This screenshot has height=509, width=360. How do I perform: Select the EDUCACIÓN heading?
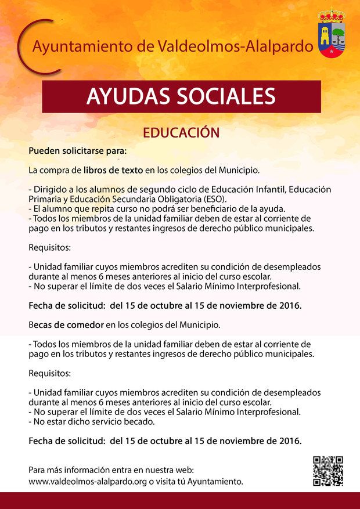[x=181, y=132]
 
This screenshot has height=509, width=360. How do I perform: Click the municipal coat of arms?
[x=332, y=36]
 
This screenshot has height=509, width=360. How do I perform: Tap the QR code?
[x=327, y=471]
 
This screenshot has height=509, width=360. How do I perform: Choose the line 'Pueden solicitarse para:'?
[x=77, y=151]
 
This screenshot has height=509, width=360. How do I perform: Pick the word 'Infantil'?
[x=273, y=189]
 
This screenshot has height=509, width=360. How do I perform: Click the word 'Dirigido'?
[x=51, y=189]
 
